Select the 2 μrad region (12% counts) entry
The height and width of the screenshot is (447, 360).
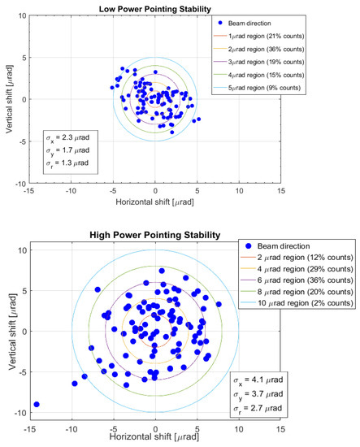pyautogui.click(x=295, y=258)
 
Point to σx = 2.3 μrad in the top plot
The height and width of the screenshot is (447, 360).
pyautogui.click(x=72, y=139)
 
